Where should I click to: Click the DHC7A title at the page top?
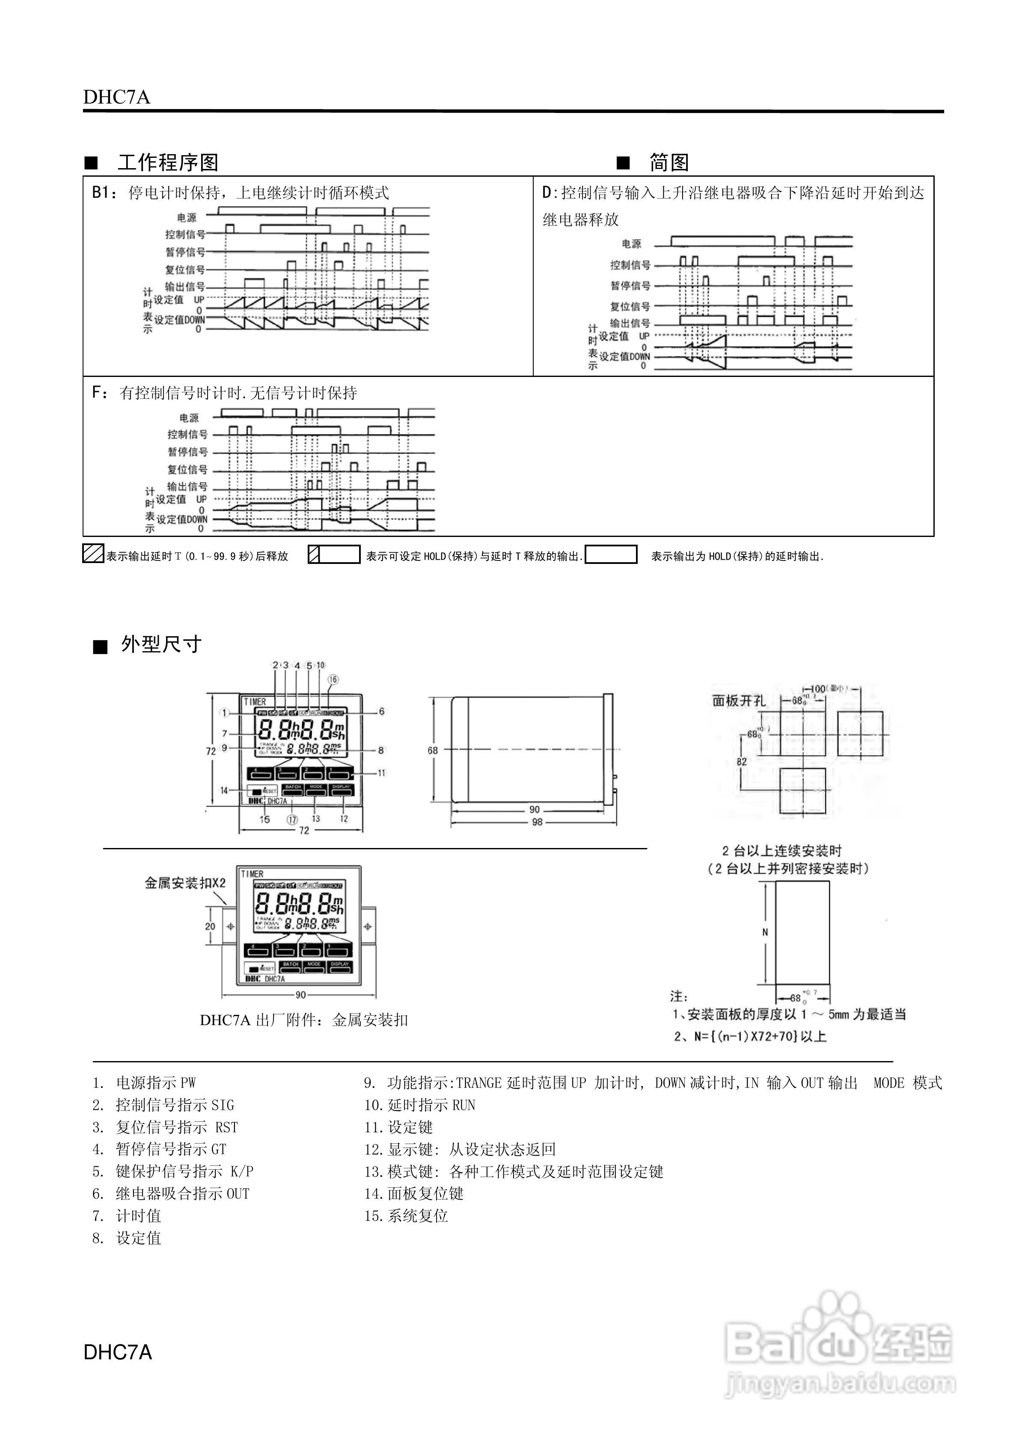(117, 97)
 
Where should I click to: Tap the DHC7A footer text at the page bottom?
(118, 1351)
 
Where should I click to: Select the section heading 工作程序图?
(168, 163)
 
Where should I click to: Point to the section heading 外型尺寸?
(161, 644)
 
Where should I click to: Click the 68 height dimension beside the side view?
(433, 750)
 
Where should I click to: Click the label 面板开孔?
(739, 701)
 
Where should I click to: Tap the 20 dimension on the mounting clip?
(210, 926)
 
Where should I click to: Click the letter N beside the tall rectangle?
(765, 932)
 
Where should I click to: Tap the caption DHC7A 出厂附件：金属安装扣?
(304, 1020)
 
